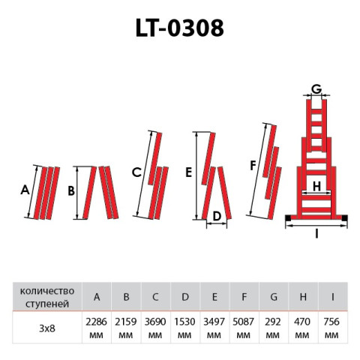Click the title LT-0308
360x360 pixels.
pyautogui.click(x=179, y=28)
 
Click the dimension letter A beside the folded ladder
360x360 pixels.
pyautogui.click(x=24, y=190)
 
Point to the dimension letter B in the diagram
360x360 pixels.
pyautogui.click(x=70, y=191)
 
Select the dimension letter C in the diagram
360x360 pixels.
pyautogui.click(x=136, y=172)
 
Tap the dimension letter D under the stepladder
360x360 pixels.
pyautogui.click(x=217, y=217)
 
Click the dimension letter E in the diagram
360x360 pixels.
pyautogui.click(x=188, y=172)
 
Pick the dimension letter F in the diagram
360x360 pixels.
pyautogui.click(x=253, y=164)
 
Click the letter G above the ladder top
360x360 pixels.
pyautogui.click(x=316, y=88)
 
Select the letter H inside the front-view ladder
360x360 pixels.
pyautogui.click(x=316, y=185)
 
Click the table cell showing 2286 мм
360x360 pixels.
pyautogui.click(x=96, y=326)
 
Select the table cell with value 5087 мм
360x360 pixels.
pyautogui.click(x=244, y=326)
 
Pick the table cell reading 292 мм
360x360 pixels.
pyautogui.click(x=274, y=326)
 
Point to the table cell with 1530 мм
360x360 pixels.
pyautogui.click(x=185, y=326)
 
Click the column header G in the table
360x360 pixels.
pyautogui.click(x=274, y=297)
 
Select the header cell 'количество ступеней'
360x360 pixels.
pyautogui.click(x=46, y=297)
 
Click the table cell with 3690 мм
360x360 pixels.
pyautogui.click(x=155, y=326)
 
